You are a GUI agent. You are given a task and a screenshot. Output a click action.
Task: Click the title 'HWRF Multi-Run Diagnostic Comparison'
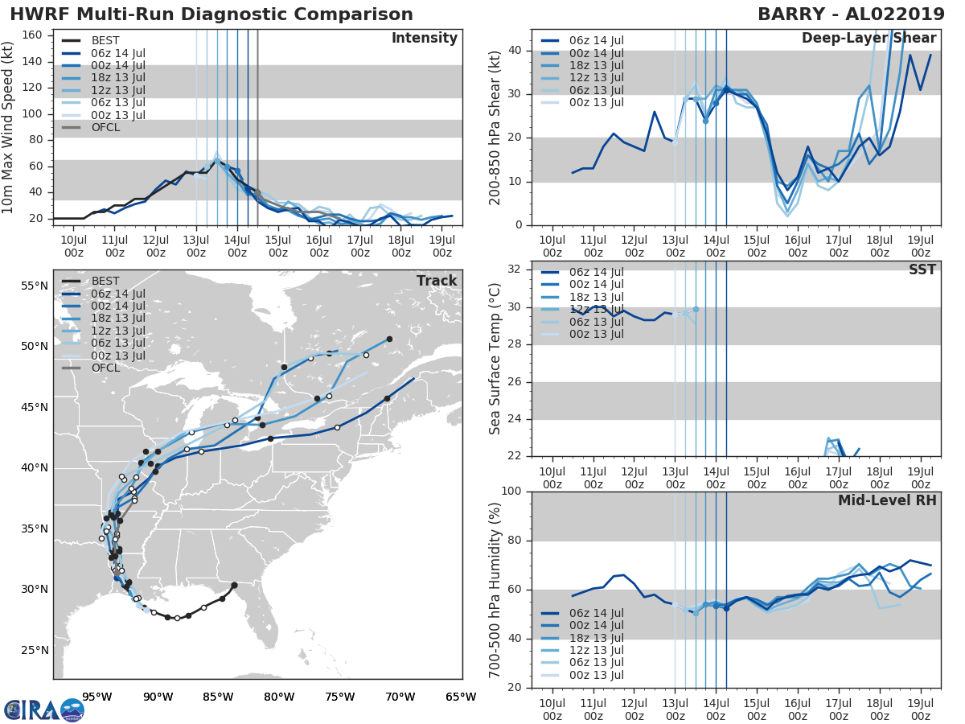coord(211,14)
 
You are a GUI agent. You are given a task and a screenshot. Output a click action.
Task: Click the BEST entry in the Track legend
coord(105,281)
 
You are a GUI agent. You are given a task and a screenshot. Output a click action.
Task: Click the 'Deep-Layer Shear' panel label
coord(868,39)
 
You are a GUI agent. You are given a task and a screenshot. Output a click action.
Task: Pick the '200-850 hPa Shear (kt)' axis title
coord(495,127)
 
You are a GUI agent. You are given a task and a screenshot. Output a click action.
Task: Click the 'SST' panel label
coord(922,269)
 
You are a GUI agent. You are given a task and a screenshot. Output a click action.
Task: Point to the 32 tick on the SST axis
coord(515,269)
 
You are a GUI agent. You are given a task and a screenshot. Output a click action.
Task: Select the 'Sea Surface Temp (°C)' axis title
coord(495,358)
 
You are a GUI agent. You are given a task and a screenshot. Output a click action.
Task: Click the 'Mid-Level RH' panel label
coord(887,500)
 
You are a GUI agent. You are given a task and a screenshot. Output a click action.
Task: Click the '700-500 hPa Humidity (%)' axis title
coord(495,589)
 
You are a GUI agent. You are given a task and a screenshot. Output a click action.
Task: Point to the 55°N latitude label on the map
coord(35,286)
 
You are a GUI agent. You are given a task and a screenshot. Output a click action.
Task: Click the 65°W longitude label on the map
coord(461,697)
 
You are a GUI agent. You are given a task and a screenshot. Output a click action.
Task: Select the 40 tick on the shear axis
coord(515,51)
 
